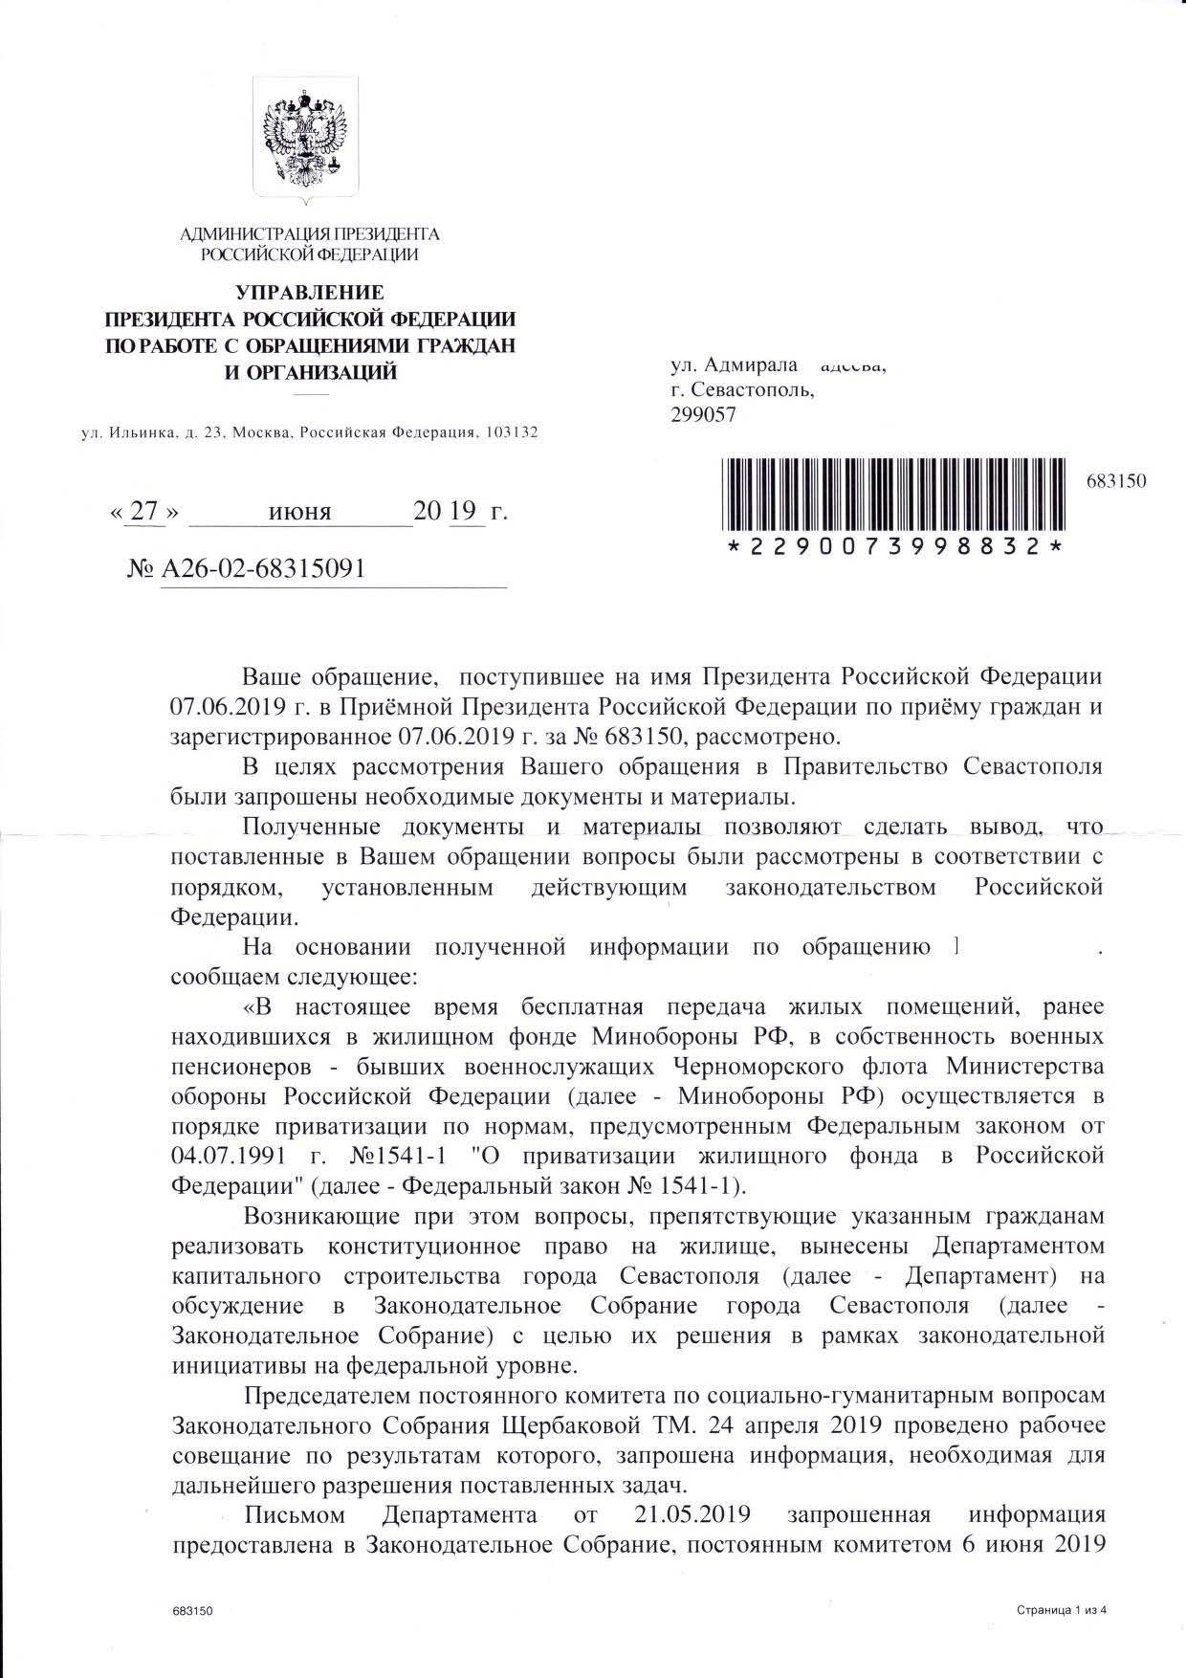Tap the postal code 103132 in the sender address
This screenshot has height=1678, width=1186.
pyautogui.click(x=512, y=432)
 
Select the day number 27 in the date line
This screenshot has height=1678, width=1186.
pyautogui.click(x=143, y=512)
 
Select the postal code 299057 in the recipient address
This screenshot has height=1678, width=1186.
pyautogui.click(x=704, y=414)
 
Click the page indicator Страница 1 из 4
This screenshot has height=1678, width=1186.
pyautogui.click(x=1063, y=1611)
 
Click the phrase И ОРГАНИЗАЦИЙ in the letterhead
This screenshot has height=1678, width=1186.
pyautogui.click(x=310, y=372)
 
